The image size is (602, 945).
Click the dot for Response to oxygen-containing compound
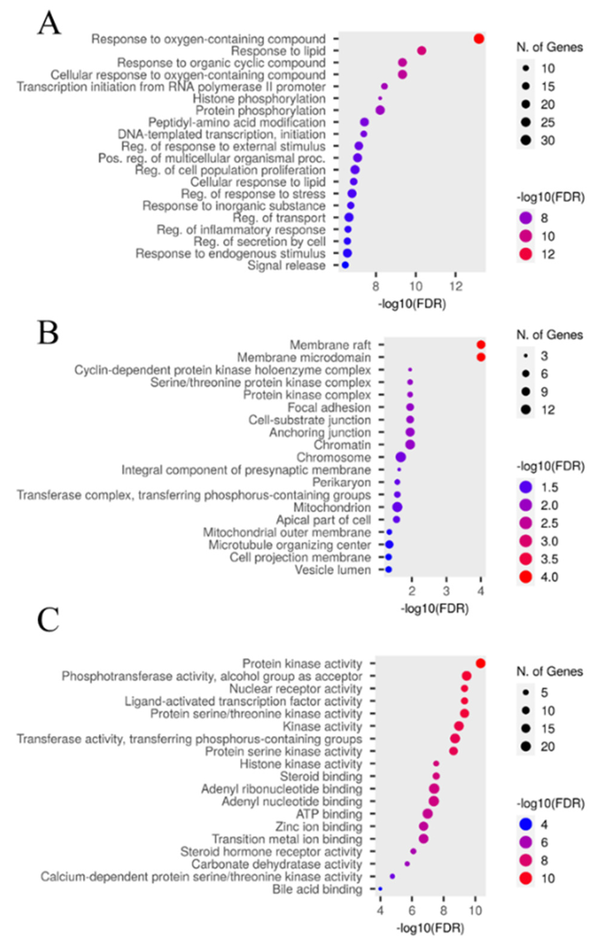(479, 39)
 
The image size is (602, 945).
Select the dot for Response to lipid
(421, 51)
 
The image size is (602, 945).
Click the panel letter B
(48, 333)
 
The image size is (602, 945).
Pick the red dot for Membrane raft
(481, 345)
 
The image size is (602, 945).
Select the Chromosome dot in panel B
(401, 457)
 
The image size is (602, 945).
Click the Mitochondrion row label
(332, 507)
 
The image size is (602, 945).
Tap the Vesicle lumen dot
(388, 569)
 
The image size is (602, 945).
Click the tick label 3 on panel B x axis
(446, 591)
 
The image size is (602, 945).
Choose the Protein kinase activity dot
(480, 664)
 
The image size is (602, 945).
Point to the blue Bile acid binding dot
(380, 889)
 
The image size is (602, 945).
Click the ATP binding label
(329, 814)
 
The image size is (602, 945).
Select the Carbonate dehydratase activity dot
(407, 864)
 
